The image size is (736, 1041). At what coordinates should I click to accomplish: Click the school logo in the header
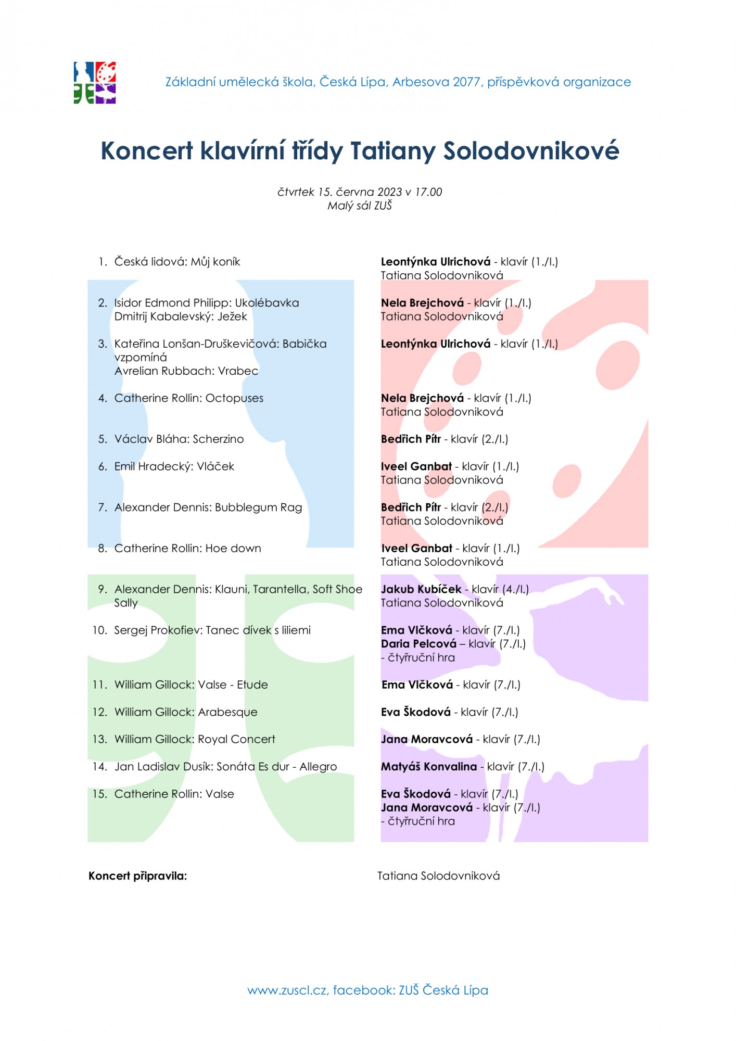95,83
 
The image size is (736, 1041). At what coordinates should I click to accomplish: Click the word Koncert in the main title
147,151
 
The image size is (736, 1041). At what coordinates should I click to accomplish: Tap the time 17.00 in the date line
428,192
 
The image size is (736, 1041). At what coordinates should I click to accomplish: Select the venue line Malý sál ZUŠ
359,206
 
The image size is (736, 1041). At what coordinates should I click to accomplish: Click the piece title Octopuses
234,398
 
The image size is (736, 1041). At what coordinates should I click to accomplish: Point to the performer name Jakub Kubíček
421,589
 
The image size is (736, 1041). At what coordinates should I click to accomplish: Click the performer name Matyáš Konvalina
429,767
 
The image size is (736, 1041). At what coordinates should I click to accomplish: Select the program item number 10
99,630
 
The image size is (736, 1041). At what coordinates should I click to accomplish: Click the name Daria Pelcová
418,644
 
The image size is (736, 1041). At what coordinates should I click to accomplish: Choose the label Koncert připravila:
137,876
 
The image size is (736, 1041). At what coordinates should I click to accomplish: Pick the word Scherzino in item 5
218,439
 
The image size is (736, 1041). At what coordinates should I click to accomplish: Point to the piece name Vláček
215,466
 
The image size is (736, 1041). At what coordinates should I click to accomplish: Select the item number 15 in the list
99,794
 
